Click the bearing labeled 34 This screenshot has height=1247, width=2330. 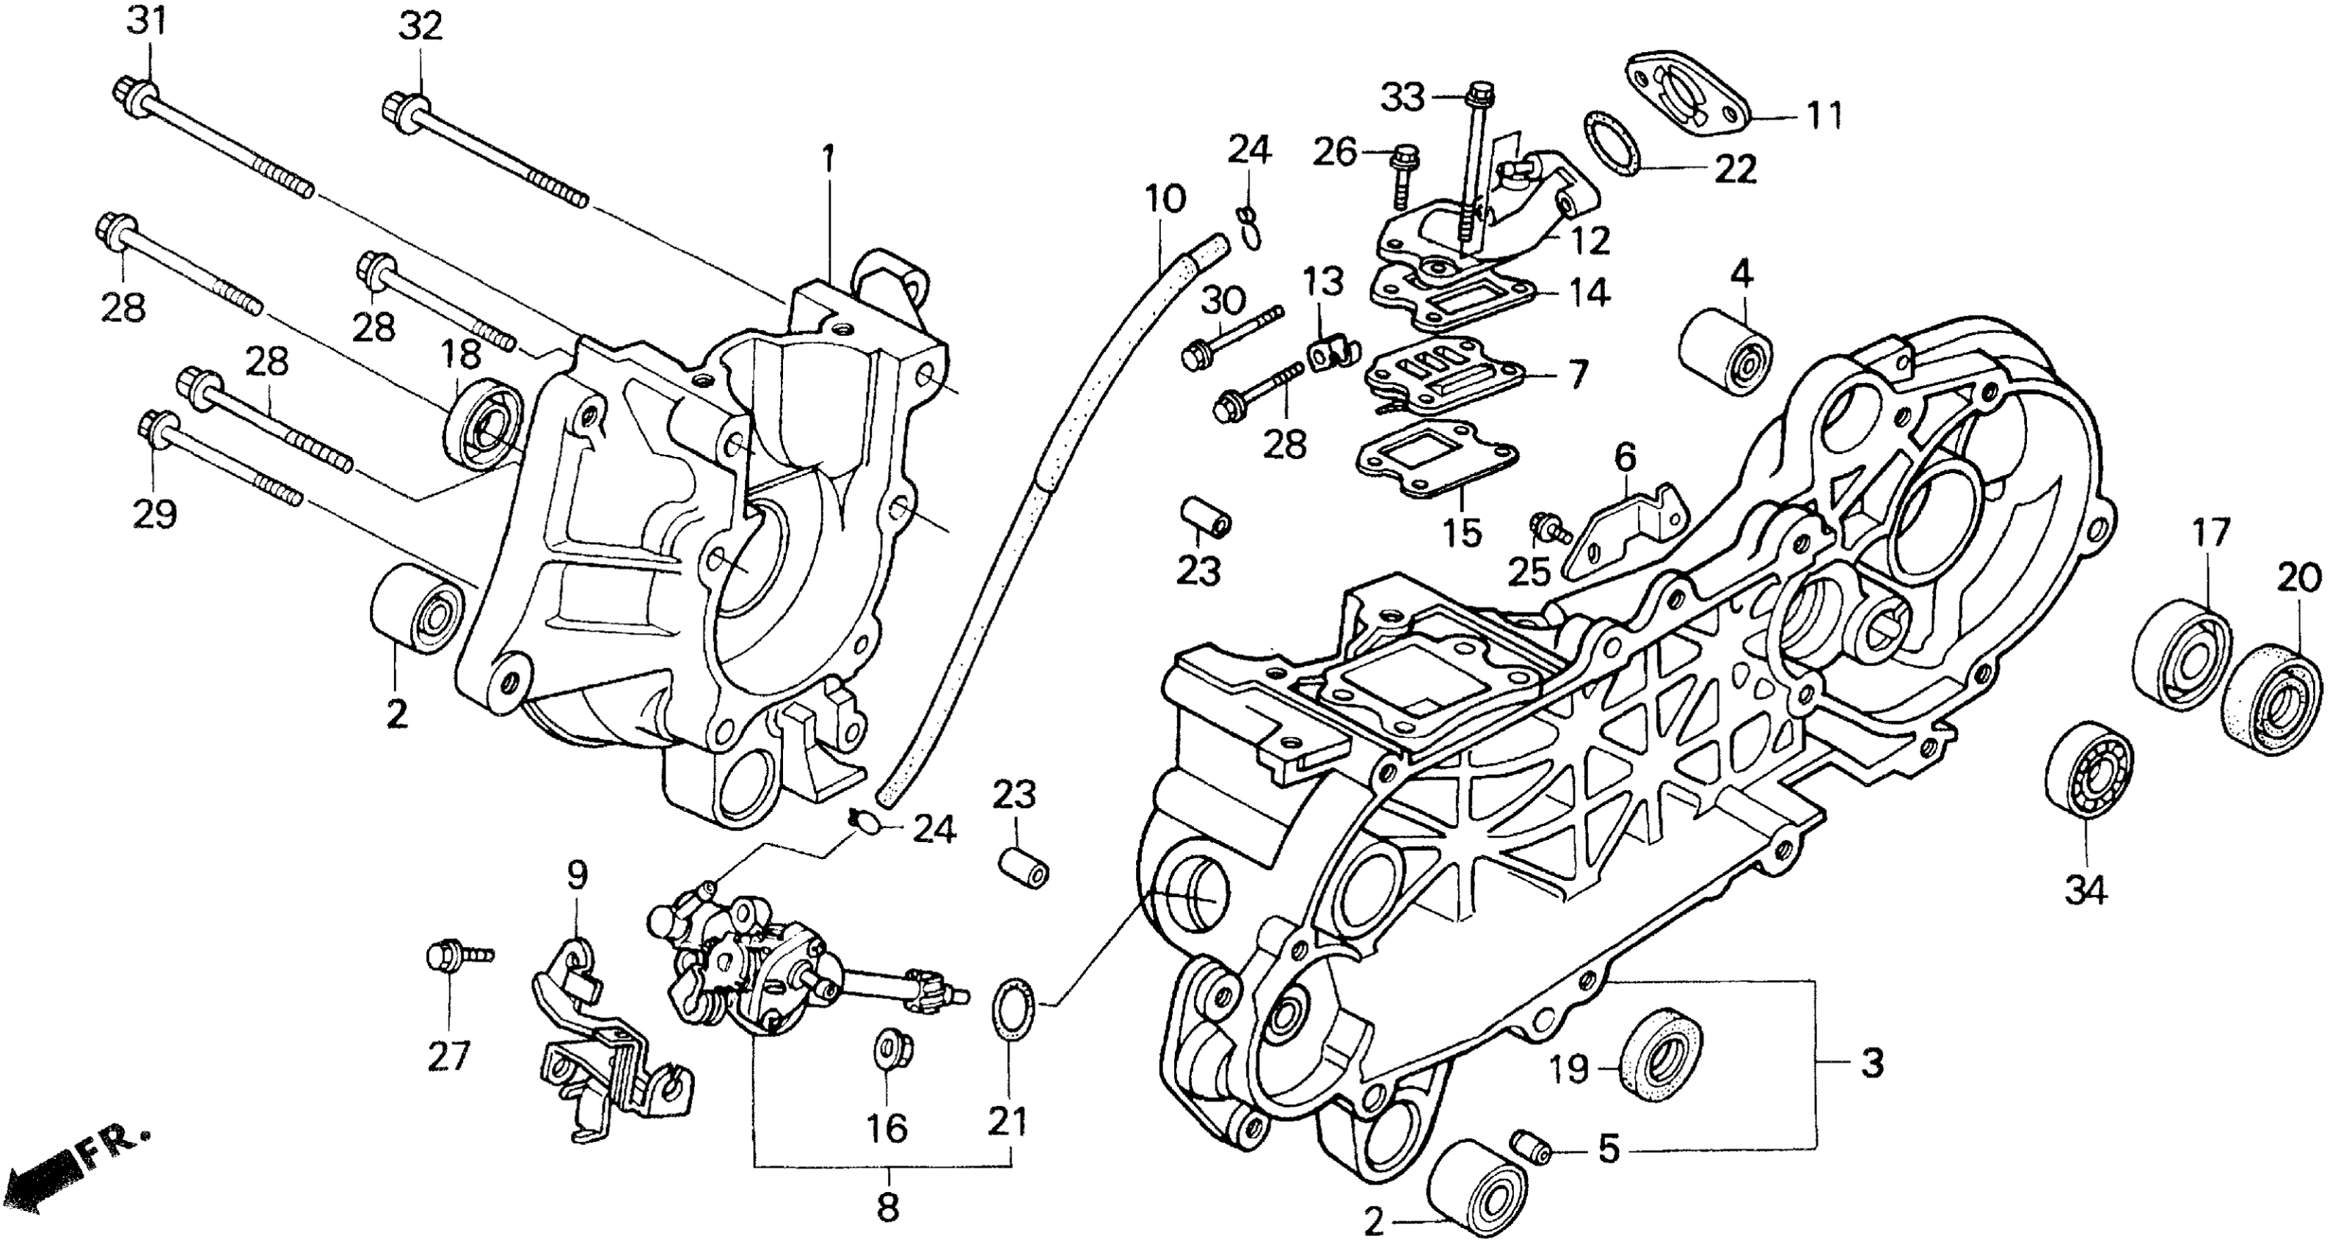click(2089, 782)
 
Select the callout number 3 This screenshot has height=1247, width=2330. click(1872, 1064)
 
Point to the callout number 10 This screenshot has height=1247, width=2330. click(1165, 198)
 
